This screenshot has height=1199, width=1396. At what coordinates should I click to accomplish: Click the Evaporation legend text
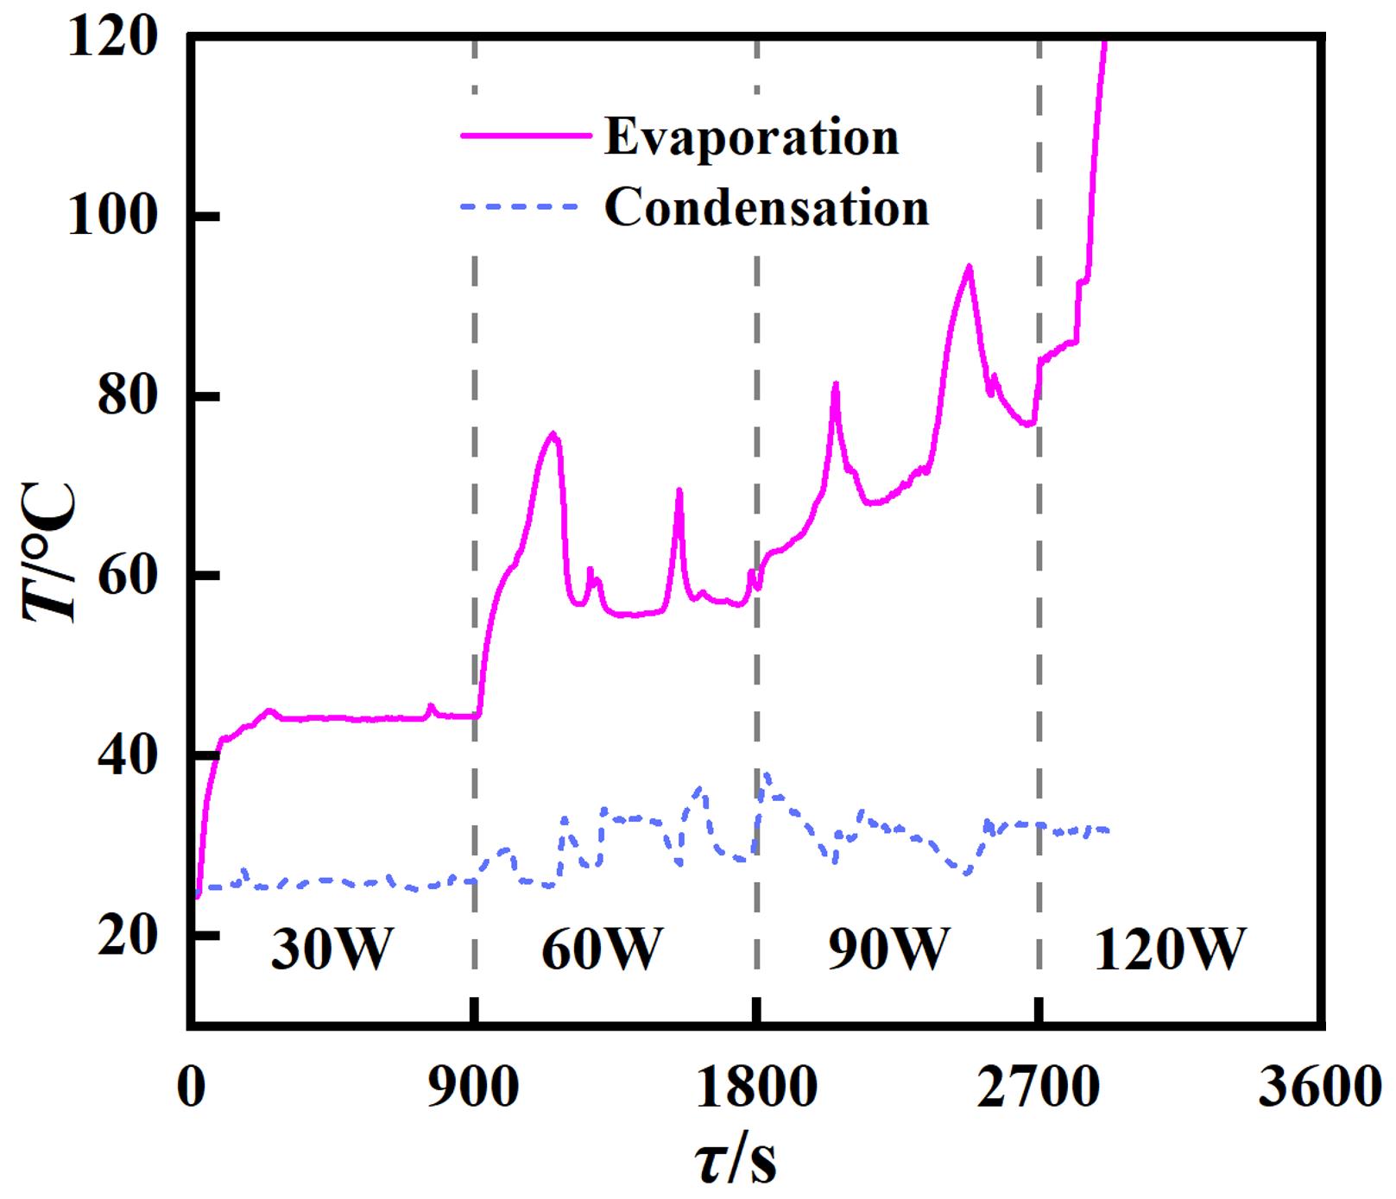click(x=751, y=137)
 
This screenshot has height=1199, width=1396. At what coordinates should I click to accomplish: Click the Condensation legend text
click(x=767, y=208)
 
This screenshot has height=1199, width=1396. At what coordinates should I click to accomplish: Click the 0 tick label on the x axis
click(x=191, y=1089)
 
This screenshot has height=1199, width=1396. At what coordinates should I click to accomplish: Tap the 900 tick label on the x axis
click(x=474, y=1089)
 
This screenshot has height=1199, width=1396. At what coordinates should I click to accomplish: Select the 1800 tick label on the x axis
click(x=756, y=1089)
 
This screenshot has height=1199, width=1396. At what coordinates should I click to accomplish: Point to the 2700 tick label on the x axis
click(x=1039, y=1089)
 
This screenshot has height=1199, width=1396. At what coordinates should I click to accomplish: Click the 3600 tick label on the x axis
click(x=1321, y=1089)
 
